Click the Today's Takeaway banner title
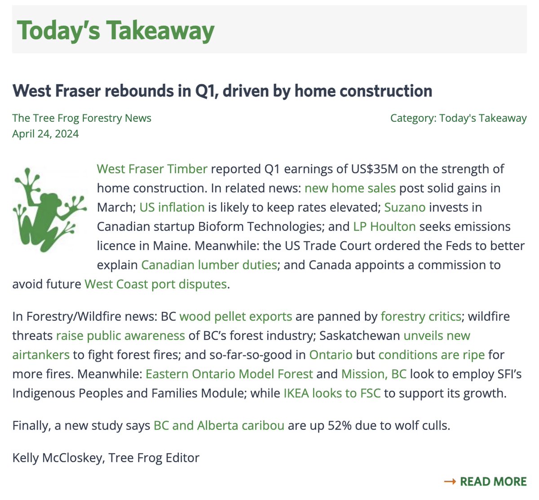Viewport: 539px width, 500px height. pos(115,31)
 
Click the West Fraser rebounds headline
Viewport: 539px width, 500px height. pos(222,91)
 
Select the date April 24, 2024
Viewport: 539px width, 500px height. pos(45,134)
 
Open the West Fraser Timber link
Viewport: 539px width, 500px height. pos(152,169)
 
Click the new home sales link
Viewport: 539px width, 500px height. pos(350,188)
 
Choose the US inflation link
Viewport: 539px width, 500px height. pos(172,207)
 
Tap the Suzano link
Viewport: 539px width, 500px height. pos(405,207)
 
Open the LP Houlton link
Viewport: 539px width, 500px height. pos(384,226)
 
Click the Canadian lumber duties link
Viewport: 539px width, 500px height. pos(209,265)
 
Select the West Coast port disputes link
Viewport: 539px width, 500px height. pos(155,284)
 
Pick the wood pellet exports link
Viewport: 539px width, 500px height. pos(236,316)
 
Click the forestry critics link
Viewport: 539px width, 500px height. pos(421,316)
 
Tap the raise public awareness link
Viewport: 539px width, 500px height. pos(120,336)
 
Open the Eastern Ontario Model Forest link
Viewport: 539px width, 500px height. pos(229,374)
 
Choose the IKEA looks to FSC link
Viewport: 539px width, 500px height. pos(332,393)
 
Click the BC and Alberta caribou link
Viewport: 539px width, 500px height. pos(219,425)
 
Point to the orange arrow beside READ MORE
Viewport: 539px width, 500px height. pos(450,482)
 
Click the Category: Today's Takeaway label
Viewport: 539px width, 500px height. pos(458,118)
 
